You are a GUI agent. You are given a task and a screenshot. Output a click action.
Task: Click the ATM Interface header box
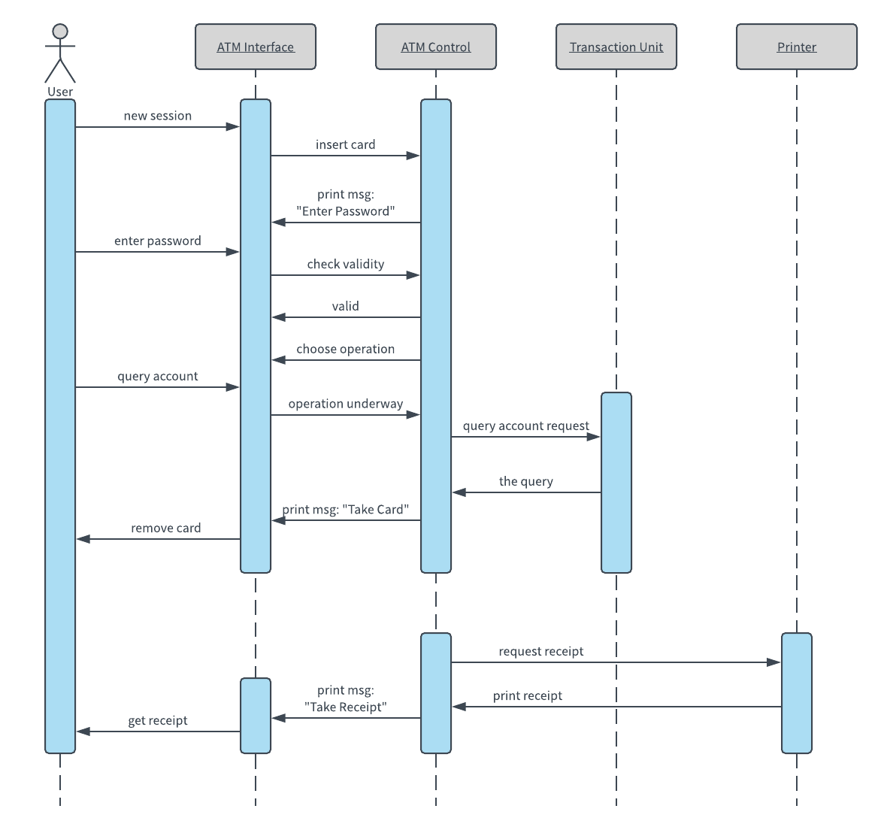[256, 47]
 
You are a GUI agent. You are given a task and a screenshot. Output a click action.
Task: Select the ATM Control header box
[436, 47]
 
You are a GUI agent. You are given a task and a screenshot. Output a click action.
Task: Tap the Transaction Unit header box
[616, 47]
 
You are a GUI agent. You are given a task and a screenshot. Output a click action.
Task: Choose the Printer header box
[797, 47]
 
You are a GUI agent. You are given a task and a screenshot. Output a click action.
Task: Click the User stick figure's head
[60, 31]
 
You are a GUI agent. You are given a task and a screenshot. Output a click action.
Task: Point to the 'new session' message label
[158, 116]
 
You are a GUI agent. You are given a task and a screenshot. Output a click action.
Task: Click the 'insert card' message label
[346, 144]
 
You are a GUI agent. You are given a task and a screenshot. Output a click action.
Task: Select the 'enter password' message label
[158, 241]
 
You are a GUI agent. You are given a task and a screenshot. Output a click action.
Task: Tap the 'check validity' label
[346, 264]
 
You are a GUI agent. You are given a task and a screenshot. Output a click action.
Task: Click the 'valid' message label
[346, 306]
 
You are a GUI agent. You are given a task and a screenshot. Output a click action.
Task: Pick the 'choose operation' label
[346, 349]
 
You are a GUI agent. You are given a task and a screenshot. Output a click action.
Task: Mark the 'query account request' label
[526, 426]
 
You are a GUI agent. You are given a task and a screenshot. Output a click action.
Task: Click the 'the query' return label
[526, 481]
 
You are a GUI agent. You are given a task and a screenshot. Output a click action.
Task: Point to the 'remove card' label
[166, 528]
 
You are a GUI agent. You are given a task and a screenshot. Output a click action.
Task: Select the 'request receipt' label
[541, 651]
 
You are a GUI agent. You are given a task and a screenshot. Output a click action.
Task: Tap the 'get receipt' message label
[158, 720]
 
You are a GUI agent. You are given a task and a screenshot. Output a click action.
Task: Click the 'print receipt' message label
[528, 695]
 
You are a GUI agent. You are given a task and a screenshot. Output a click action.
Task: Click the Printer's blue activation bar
[797, 692]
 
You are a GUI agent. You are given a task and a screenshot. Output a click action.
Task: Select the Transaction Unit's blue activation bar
[616, 482]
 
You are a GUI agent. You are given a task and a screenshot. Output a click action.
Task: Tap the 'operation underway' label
[346, 404]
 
